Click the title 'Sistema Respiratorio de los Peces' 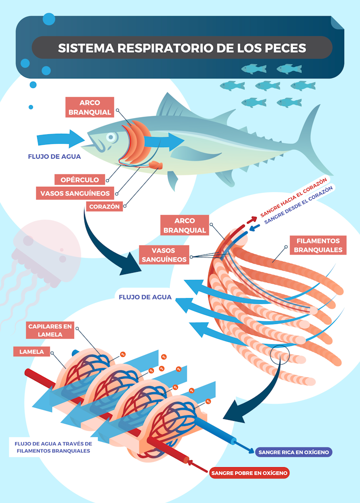click(181, 48)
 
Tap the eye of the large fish click(111, 138)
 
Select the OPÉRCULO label click(80, 180)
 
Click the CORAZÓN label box click(105, 207)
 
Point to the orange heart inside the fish click(156, 165)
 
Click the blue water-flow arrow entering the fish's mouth click(60, 139)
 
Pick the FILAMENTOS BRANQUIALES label click(318, 246)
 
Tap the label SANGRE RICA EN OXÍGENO click(294, 452)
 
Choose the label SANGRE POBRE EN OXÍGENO click(250, 473)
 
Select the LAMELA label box click(32, 352)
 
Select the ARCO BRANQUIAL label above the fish click(89, 107)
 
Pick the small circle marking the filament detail click(279, 355)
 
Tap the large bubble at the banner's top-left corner click(49, 19)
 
